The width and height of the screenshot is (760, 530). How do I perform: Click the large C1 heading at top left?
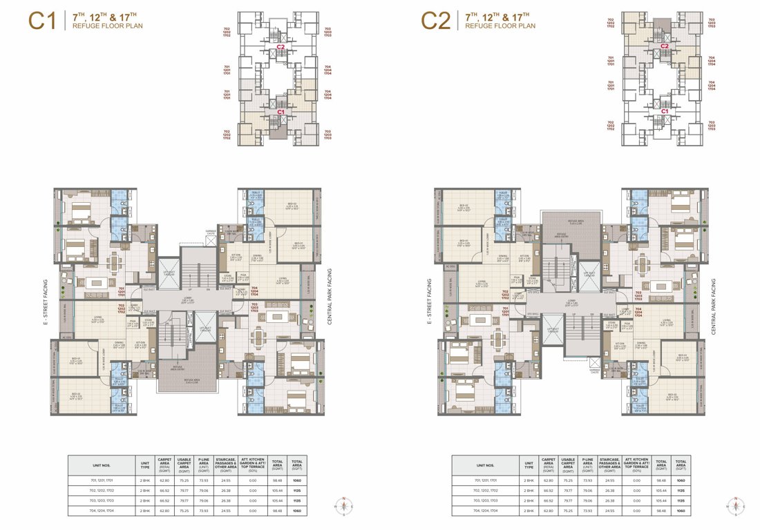pyautogui.click(x=41, y=20)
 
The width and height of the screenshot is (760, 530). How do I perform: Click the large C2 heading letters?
pyautogui.click(x=436, y=20)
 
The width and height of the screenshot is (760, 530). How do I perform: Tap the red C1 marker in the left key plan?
pyautogui.click(x=281, y=111)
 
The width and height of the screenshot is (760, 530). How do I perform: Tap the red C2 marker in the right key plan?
pyautogui.click(x=664, y=47)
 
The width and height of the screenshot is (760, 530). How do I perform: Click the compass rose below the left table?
pyautogui.click(x=345, y=507)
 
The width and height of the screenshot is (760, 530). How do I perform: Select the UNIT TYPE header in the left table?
pyautogui.click(x=145, y=464)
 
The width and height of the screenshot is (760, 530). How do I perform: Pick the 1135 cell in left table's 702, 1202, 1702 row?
pyautogui.click(x=296, y=490)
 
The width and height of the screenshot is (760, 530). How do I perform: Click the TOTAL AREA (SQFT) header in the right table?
pyautogui.click(x=681, y=464)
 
